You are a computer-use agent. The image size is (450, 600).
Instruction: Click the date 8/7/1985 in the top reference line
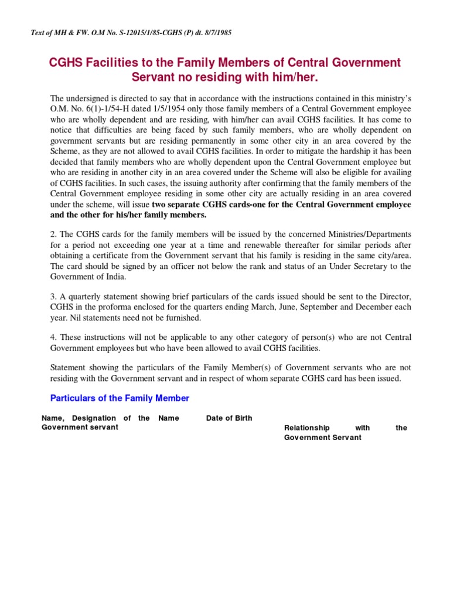(x=216, y=33)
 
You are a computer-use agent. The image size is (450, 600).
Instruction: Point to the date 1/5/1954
(x=167, y=109)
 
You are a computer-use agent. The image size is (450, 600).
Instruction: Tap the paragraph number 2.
(x=53, y=234)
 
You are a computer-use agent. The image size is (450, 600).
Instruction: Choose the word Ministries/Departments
(x=362, y=234)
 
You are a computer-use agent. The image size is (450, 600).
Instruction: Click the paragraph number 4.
(x=53, y=338)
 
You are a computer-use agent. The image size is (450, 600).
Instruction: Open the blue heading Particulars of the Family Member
(x=120, y=398)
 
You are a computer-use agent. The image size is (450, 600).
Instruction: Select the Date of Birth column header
(x=229, y=418)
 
